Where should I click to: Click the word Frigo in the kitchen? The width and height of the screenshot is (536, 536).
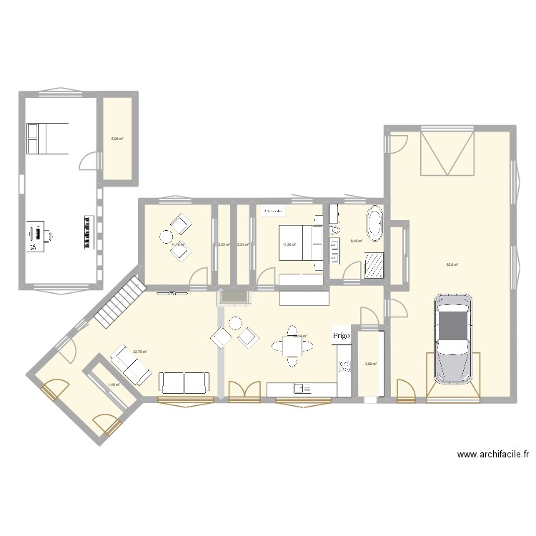pyautogui.click(x=341, y=334)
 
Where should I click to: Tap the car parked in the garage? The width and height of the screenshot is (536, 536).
pyautogui.click(x=452, y=339)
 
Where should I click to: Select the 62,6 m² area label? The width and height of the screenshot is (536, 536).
pyautogui.click(x=452, y=265)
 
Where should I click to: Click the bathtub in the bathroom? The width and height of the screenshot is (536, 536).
pyautogui.click(x=374, y=224)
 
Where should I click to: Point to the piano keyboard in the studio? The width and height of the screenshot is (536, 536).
pyautogui.click(x=89, y=231)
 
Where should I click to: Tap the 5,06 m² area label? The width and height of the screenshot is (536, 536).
pyautogui.click(x=116, y=139)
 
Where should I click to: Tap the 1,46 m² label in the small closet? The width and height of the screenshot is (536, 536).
pyautogui.click(x=114, y=384)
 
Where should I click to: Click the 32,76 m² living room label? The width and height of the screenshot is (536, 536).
pyautogui.click(x=139, y=352)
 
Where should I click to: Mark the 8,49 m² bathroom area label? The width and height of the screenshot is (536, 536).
pyautogui.click(x=356, y=241)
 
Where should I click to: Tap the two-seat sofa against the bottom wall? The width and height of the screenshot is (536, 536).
pyautogui.click(x=184, y=382)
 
